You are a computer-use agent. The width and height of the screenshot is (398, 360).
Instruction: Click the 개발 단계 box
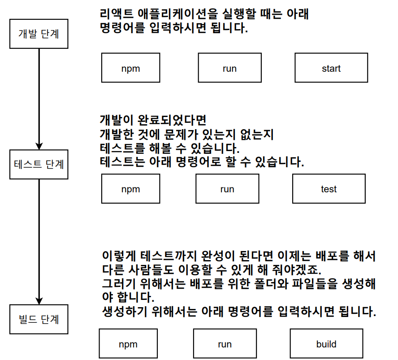pyautogui.click(x=39, y=34)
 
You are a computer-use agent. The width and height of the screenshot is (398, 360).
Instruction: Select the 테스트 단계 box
pyautogui.click(x=39, y=164)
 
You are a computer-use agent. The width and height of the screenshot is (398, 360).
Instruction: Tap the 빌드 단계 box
pyautogui.click(x=39, y=320)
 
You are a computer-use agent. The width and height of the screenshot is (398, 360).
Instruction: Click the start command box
pyautogui.click(x=331, y=68)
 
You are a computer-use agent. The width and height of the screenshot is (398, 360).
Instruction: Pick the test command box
pyautogui.click(x=329, y=189)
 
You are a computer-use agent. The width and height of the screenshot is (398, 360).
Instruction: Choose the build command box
pyautogui.click(x=326, y=344)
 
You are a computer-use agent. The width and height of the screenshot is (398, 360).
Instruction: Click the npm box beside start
pyautogui.click(x=130, y=68)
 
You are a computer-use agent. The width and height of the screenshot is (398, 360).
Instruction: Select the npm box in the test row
pyautogui.click(x=130, y=189)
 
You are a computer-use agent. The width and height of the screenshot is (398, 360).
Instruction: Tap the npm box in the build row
pyautogui.click(x=128, y=344)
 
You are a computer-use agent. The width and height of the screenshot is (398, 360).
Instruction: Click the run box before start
pyautogui.click(x=229, y=68)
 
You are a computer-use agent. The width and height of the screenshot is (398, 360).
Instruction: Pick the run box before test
pyautogui.click(x=227, y=189)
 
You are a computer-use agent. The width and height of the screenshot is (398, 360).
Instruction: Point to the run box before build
pyautogui.click(x=225, y=344)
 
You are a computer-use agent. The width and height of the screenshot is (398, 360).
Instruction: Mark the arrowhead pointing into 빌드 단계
pyautogui.click(x=39, y=301)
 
